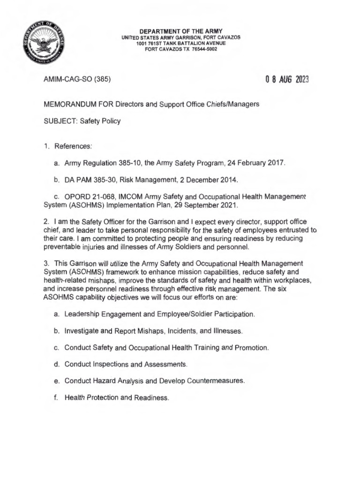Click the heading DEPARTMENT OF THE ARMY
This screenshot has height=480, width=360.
point(180,31)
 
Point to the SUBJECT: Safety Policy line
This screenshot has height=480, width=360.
point(82,121)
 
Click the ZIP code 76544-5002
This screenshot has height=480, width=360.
point(205,49)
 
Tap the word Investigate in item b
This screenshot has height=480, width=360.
point(82,331)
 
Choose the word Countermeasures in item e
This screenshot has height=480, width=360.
point(216,381)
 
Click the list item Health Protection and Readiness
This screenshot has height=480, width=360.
point(116,397)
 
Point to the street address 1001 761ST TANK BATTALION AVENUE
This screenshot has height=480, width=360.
point(180,43)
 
